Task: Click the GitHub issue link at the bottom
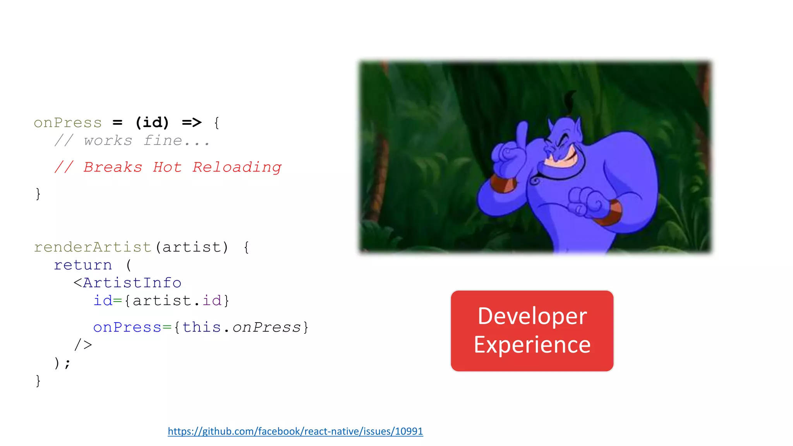[295, 431]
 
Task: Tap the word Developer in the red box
[532, 316]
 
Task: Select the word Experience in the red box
[532, 345]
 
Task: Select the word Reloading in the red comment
[237, 167]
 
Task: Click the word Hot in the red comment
[167, 167]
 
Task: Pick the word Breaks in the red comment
[113, 167]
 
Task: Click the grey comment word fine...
[163, 141]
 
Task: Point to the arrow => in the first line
[192, 123]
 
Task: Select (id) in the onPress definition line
[152, 123]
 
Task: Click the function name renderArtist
[93, 247]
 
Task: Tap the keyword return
[83, 265]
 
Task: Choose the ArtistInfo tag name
[132, 283]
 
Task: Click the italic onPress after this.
[266, 328]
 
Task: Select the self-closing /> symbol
[83, 345]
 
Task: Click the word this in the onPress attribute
[201, 328]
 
